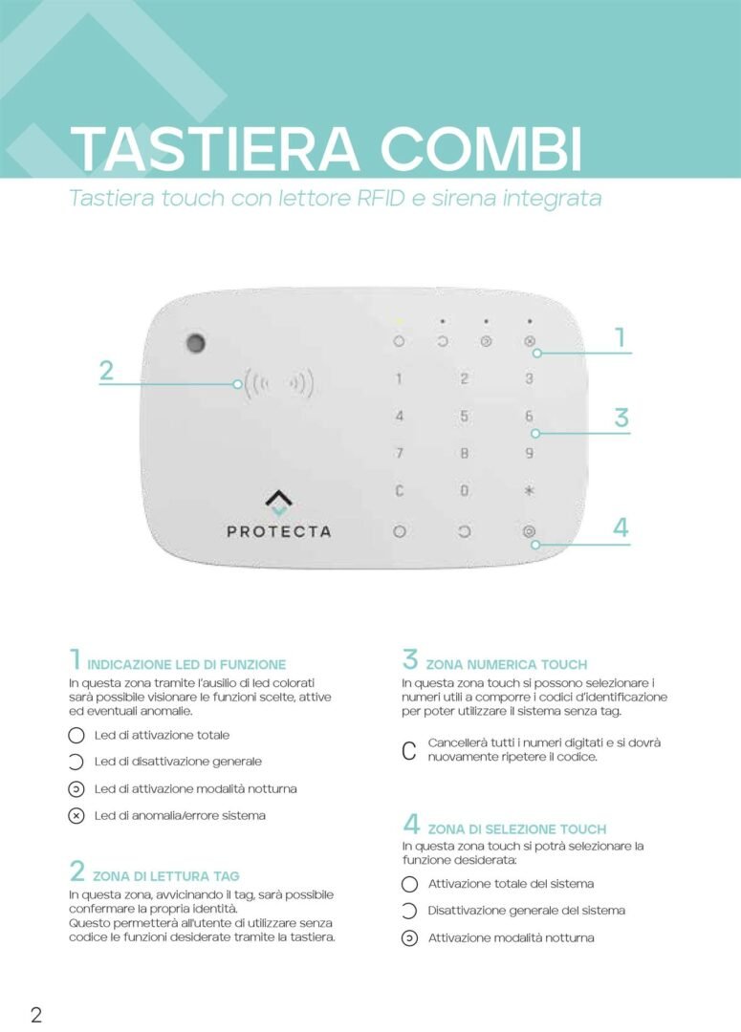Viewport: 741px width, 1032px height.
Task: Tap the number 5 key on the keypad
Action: (464, 417)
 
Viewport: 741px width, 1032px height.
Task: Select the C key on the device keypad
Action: (400, 491)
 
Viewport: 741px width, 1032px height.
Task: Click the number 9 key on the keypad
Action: (529, 454)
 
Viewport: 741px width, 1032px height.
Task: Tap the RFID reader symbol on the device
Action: (278, 383)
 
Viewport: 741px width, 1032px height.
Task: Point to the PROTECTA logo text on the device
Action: (278, 531)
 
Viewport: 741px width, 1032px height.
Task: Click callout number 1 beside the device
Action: (620, 337)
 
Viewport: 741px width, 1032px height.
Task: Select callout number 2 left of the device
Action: (107, 371)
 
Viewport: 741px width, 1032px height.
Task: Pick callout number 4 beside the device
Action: (621, 527)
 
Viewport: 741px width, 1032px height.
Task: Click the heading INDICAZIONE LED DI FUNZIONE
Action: (186, 664)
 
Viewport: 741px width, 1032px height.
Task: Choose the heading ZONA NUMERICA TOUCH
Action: (507, 664)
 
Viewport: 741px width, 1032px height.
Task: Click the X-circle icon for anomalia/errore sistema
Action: (76, 816)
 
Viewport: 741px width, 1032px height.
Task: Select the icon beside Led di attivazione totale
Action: (76, 736)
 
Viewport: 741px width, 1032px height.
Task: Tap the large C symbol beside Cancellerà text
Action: (409, 751)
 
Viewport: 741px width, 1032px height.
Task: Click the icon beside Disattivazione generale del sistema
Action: (409, 911)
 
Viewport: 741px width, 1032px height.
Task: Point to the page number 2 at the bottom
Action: (36, 1014)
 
